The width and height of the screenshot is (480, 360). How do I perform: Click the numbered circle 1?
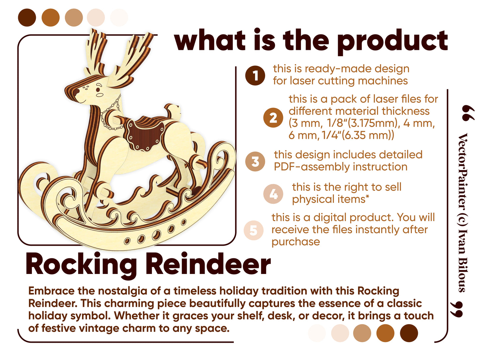point(255,75)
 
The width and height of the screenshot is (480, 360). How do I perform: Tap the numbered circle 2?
point(273,118)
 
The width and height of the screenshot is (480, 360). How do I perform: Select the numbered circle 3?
point(255,161)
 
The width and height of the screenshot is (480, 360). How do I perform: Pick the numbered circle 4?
point(273,194)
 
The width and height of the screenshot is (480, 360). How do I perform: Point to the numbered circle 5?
point(254,230)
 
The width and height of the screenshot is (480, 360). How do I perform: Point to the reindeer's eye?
point(98,89)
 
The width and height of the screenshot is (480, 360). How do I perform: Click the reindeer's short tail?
point(173,111)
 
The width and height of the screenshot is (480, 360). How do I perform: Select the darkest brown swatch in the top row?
point(27,18)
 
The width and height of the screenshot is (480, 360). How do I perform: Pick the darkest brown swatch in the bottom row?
point(409,333)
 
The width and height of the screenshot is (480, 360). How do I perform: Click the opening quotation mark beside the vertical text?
point(468,113)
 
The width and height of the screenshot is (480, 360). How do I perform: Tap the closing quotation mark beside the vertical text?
point(457,309)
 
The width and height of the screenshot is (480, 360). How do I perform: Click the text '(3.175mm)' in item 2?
point(373,123)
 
